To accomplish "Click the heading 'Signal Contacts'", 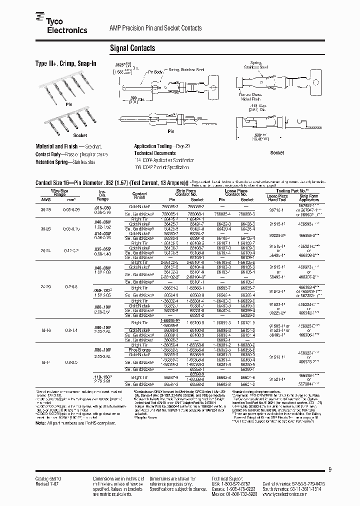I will pos(132,48).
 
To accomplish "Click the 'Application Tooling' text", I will pos(152,146).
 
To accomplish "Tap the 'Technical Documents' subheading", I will pos(154,153).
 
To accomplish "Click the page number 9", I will pos(330,468).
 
